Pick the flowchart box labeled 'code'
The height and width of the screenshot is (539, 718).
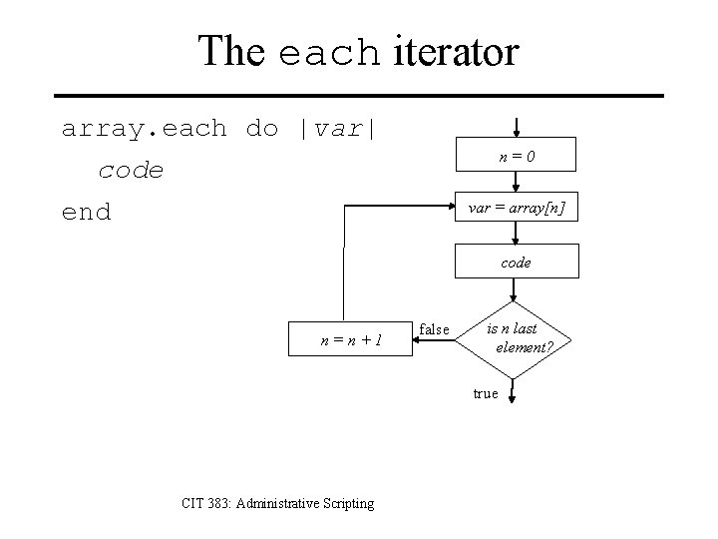pos(516,263)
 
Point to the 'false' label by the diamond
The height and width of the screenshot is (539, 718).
pos(435,328)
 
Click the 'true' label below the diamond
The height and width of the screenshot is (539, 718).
pos(486,393)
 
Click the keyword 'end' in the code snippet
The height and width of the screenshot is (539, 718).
pos(87,212)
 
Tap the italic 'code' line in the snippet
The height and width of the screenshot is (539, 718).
pos(131,171)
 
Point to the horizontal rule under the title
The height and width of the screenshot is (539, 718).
pos(359,96)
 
